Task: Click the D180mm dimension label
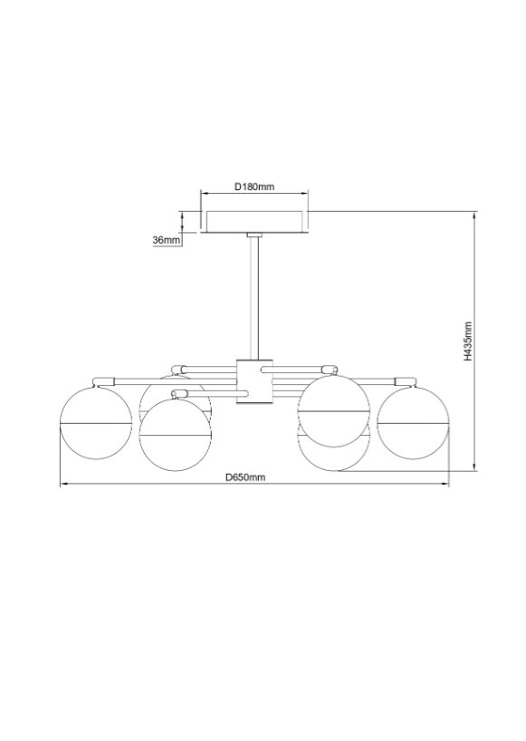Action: point(254,187)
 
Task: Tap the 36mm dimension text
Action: point(167,240)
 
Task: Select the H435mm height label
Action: point(467,342)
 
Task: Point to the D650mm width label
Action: point(245,477)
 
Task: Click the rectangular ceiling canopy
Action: point(254,222)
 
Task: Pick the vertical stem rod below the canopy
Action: point(254,298)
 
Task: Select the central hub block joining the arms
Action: point(254,382)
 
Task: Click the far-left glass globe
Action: point(95,423)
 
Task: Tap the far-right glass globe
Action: point(413,423)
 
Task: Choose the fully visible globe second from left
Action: point(176,435)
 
